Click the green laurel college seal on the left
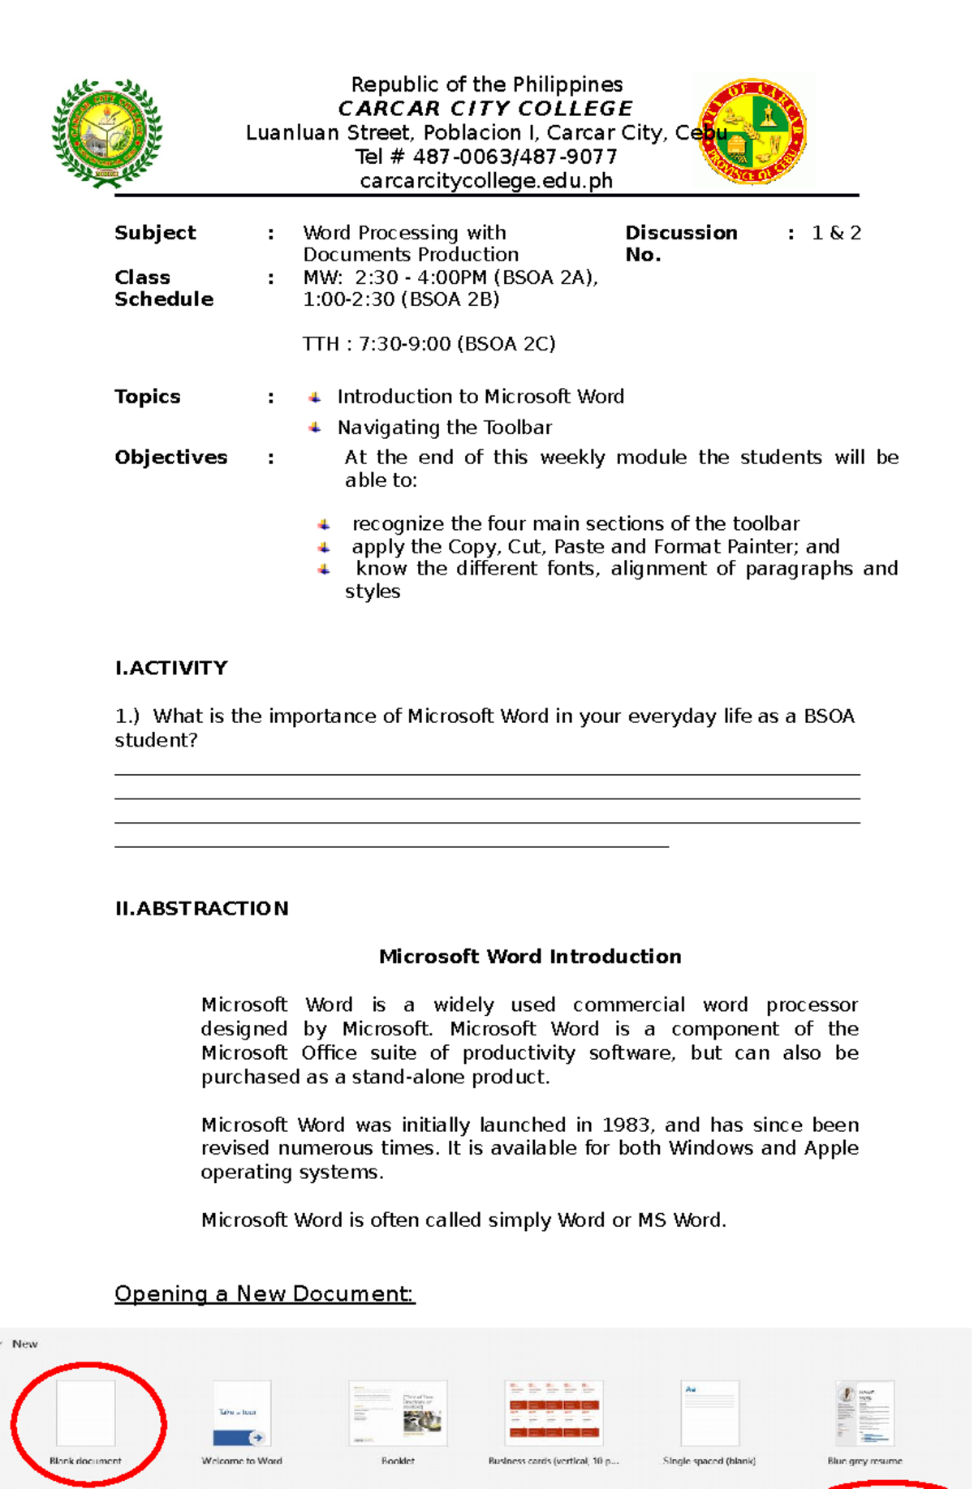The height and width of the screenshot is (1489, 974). point(107,132)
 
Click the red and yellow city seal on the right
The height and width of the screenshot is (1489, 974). point(753,131)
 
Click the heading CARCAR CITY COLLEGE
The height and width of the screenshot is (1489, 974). point(485,109)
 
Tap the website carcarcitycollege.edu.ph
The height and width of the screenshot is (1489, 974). point(485,181)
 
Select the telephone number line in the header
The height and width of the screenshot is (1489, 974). point(485,157)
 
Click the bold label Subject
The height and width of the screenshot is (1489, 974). point(155,233)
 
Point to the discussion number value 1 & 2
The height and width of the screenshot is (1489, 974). point(836,233)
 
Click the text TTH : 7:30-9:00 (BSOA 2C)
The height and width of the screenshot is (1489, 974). point(429,344)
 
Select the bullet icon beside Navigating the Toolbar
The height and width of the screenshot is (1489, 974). point(315,428)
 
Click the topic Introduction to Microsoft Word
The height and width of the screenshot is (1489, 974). point(481,397)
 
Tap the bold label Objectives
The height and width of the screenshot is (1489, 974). point(170,458)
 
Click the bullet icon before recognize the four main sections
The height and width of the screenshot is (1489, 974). point(324,524)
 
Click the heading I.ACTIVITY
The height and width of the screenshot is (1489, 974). point(171,668)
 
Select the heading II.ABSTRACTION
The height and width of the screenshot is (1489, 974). point(201,908)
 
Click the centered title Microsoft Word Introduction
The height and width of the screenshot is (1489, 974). point(529,957)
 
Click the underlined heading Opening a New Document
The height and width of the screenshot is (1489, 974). point(264,1293)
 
